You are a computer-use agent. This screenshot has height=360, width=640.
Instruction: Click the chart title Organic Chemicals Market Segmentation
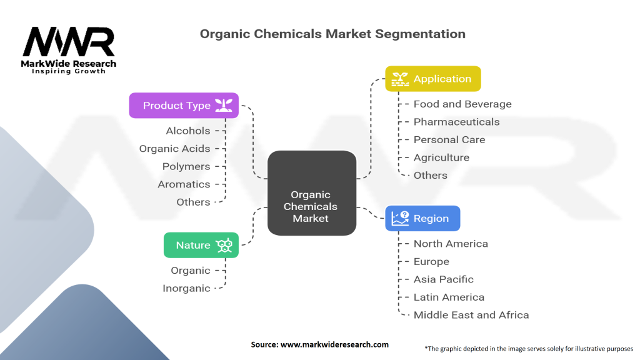[332, 34]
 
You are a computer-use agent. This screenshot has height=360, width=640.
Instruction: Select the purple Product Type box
[184, 105]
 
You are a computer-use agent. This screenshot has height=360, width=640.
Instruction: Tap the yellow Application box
[432, 79]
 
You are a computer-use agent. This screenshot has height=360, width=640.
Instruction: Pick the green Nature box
[201, 245]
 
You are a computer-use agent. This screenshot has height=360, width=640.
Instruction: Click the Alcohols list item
[188, 131]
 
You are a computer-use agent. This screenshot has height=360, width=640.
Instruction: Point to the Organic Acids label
[174, 149]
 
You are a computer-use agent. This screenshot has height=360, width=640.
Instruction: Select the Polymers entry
[186, 166]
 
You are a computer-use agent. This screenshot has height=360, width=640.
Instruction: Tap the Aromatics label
[184, 184]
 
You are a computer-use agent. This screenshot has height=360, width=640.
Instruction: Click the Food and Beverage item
[462, 104]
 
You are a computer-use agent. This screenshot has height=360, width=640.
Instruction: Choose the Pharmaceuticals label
[456, 122]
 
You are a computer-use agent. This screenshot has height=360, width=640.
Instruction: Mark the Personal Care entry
[449, 139]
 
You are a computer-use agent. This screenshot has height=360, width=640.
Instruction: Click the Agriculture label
[441, 157]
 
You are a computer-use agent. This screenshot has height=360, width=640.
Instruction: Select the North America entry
[451, 244]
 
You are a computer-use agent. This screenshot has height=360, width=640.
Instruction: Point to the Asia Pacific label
[444, 279]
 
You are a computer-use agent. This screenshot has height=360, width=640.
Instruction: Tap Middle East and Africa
[471, 315]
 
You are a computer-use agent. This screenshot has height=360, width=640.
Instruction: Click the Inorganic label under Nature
[186, 288]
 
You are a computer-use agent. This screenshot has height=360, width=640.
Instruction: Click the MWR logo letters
[69, 42]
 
